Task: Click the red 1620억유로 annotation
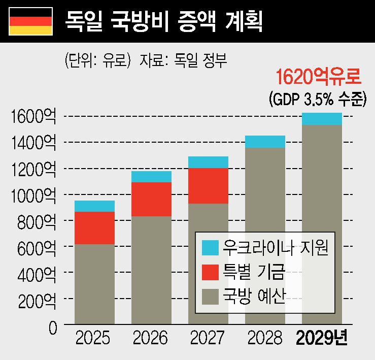pos(318,78)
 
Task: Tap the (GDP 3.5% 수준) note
pos(317,99)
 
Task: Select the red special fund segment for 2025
pos(94,228)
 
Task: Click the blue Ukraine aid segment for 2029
pos(322,119)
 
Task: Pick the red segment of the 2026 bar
pos(151,199)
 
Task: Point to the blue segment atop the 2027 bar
pos(208,162)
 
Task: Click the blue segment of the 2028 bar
pos(265,142)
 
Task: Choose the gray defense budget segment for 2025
pos(94,283)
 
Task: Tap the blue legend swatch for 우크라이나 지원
pos(210,248)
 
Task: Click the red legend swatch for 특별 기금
pos(210,272)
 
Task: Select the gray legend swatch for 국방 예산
pos(210,296)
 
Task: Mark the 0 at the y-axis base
pos(53,328)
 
